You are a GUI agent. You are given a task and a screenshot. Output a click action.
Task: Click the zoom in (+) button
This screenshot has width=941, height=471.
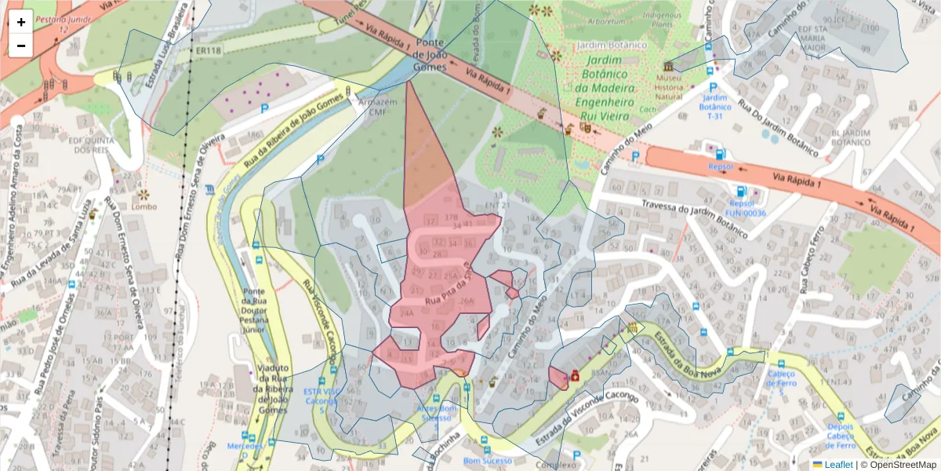click(21, 22)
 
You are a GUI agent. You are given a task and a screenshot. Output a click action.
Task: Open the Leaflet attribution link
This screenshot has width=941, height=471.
click(837, 464)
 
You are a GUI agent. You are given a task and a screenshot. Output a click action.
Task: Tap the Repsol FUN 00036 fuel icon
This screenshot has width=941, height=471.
click(740, 191)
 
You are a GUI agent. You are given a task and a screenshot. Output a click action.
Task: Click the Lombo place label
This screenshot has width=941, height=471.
click(144, 206)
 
